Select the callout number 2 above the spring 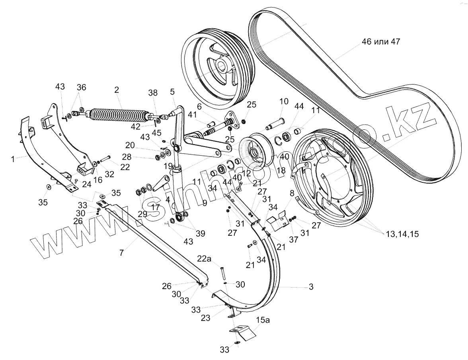click(117, 90)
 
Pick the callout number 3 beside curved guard click(311, 286)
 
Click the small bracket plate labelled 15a click(242, 331)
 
